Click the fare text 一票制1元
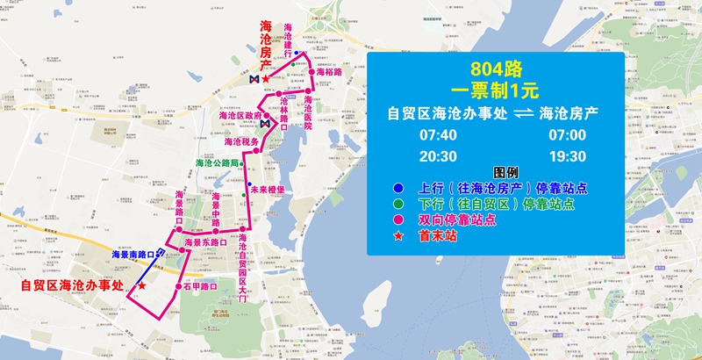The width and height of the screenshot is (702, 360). pos(494,89)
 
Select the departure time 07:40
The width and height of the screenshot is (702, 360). pos(439,135)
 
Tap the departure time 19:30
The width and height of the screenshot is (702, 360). pos(566,156)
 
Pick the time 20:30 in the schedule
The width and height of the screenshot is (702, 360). pos(439,156)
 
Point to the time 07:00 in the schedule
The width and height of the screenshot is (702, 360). pos(566,135)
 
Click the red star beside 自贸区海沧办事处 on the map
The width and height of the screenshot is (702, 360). pos(142,286)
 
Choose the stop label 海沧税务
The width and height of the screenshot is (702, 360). pos(241,141)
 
